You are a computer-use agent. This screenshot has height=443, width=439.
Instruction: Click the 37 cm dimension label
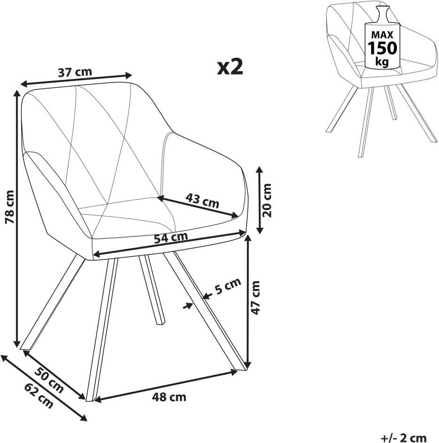click(75, 72)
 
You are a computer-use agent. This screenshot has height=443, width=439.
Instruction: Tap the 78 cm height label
click(9, 207)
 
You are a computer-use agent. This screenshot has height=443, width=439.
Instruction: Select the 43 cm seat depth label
click(202, 200)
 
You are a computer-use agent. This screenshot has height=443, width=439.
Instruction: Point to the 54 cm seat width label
click(171, 237)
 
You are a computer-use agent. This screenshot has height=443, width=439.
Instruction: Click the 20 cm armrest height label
click(267, 200)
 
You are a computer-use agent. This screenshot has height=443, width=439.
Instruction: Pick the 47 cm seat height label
click(255, 298)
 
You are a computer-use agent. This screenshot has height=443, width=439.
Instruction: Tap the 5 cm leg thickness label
click(227, 286)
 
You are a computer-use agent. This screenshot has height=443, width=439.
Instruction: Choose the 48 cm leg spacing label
click(169, 397)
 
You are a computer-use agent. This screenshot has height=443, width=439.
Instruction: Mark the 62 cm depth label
click(39, 396)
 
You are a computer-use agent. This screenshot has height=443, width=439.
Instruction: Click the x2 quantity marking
click(230, 67)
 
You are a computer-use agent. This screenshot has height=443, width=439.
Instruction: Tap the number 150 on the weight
click(382, 48)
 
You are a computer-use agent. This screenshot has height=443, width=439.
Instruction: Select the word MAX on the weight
click(382, 35)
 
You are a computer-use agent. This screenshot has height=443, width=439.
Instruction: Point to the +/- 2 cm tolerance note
click(403, 438)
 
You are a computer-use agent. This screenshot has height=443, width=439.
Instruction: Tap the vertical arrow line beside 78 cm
click(17, 219)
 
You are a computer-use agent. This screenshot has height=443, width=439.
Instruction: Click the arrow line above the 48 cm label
click(166, 386)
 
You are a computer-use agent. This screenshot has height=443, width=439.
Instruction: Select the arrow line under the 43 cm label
click(197, 207)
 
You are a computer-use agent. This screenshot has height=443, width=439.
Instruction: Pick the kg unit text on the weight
click(382, 61)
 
